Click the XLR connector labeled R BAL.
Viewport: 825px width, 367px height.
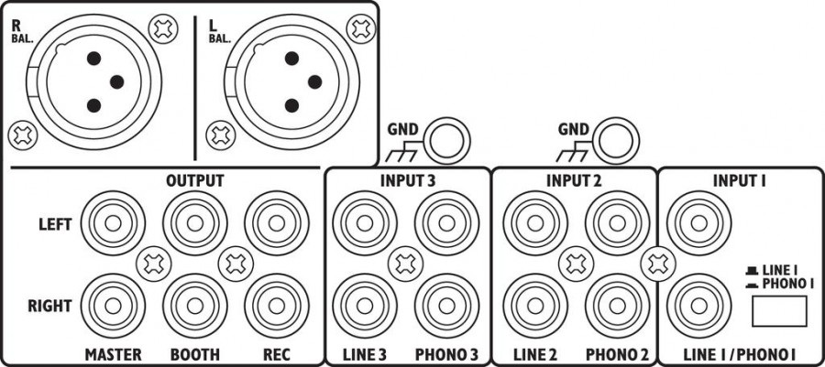(x=100, y=82)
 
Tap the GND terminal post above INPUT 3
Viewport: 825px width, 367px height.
(x=449, y=140)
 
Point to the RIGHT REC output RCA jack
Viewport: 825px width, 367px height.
(x=276, y=306)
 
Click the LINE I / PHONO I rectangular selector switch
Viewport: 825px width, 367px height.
(x=778, y=313)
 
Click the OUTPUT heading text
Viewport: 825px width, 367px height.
(x=194, y=180)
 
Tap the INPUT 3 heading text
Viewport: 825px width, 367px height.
(x=409, y=180)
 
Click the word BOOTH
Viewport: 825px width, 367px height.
(x=193, y=353)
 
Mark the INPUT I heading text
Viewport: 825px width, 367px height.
(x=739, y=180)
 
